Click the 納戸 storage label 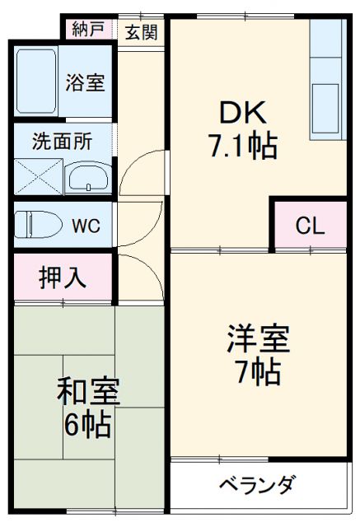[88, 30]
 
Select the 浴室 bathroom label [85, 82]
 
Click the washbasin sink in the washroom [89, 177]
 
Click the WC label [86, 226]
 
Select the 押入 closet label [62, 277]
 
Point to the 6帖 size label [88, 424]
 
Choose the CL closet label [310, 225]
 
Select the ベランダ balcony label [256, 486]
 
